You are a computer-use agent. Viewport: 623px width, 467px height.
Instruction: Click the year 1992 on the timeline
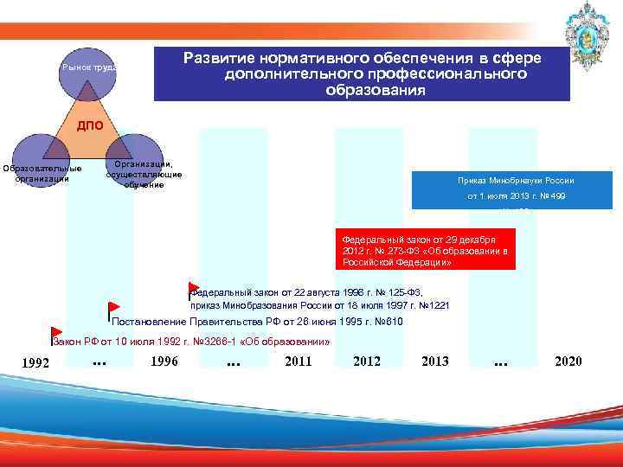tap(35, 362)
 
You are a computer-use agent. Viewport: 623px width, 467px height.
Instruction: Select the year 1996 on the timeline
tap(164, 361)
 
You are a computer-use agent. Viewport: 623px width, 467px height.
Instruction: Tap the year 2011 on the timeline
tap(298, 361)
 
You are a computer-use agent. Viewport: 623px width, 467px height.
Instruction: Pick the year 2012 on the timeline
tap(367, 361)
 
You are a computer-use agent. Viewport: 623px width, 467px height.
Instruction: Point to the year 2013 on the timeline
tap(434, 361)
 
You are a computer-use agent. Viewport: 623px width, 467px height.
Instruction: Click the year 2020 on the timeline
tap(568, 361)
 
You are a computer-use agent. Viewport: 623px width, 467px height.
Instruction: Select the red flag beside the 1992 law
tap(56, 333)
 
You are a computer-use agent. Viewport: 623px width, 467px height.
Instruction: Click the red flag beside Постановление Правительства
tap(113, 307)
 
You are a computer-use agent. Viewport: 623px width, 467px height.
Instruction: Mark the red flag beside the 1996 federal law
tap(193, 287)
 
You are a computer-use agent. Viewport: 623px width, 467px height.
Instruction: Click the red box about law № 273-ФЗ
tap(427, 248)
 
